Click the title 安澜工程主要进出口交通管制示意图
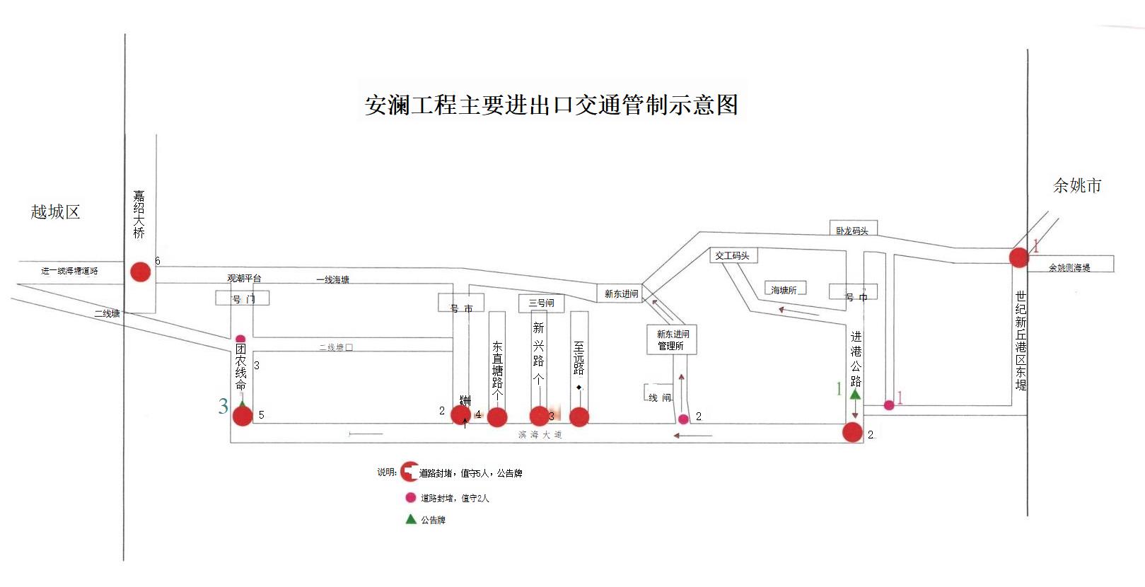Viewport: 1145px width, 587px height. pyautogui.click(x=552, y=105)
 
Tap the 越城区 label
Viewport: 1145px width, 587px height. pyautogui.click(x=55, y=211)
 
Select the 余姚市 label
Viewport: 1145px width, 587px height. pyautogui.click(x=1077, y=186)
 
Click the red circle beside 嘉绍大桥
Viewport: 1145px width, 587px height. pyautogui.click(x=141, y=272)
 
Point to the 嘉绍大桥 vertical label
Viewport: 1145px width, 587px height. pyautogui.click(x=139, y=214)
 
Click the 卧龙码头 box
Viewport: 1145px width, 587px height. pyautogui.click(x=852, y=230)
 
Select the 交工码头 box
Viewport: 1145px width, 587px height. pyautogui.click(x=733, y=255)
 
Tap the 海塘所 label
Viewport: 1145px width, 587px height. pyautogui.click(x=784, y=290)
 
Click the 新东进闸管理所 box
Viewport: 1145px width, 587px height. pyautogui.click(x=672, y=339)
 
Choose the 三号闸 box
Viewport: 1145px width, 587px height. pyautogui.click(x=541, y=303)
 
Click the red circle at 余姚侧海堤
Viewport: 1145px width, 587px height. pyautogui.click(x=1018, y=257)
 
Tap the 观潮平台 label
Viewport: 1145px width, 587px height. pyautogui.click(x=244, y=279)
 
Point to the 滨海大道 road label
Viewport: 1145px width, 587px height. pyautogui.click(x=540, y=434)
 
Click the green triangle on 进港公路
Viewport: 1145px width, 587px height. pyautogui.click(x=855, y=395)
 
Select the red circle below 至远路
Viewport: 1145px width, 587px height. pyautogui.click(x=579, y=417)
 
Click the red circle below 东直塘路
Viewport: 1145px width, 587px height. pyautogui.click(x=497, y=417)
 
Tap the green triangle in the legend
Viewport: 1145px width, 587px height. pyautogui.click(x=410, y=519)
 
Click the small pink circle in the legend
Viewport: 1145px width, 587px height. pyautogui.click(x=410, y=497)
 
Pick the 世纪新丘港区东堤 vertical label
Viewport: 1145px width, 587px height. pyautogui.click(x=1021, y=340)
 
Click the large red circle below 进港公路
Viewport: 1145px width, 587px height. pyautogui.click(x=853, y=432)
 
